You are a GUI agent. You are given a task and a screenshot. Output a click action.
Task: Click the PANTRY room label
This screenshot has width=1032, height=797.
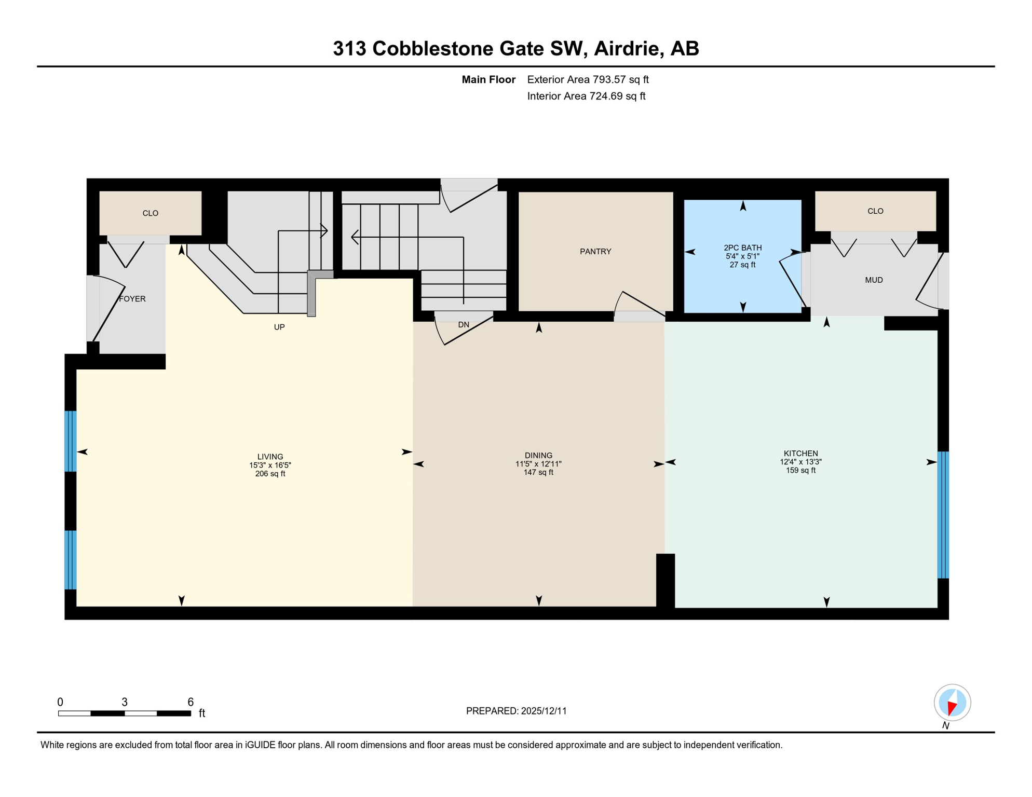click(595, 252)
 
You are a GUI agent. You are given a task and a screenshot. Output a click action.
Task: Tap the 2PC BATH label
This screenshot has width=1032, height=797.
click(742, 248)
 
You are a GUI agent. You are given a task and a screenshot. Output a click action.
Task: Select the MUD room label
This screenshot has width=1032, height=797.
click(874, 280)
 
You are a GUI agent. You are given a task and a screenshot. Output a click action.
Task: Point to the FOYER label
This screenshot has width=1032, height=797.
click(132, 299)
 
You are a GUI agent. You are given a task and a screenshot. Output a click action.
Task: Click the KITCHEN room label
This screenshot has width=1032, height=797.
click(800, 454)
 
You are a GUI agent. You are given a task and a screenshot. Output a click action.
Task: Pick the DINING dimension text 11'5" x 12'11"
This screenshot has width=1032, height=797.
click(538, 464)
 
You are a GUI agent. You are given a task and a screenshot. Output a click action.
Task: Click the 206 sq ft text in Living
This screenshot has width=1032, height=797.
click(270, 474)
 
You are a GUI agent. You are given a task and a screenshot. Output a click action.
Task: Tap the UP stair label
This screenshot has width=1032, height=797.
click(279, 327)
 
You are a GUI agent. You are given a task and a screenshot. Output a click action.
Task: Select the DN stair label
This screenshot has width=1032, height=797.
click(464, 325)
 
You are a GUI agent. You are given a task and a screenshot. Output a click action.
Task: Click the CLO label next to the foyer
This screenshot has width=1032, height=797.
click(151, 213)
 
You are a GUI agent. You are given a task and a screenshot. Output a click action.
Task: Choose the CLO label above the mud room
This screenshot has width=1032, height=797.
click(875, 211)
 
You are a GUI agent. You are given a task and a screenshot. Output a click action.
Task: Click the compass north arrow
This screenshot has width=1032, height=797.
click(952, 706)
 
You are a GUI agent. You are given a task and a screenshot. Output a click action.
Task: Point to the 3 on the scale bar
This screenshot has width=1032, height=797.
click(125, 702)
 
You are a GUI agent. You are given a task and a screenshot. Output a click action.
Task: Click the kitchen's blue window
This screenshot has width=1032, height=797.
click(943, 515)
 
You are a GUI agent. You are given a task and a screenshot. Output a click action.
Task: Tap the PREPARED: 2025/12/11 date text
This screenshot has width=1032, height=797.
click(516, 711)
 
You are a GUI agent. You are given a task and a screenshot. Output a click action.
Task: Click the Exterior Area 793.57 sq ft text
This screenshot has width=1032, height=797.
click(588, 79)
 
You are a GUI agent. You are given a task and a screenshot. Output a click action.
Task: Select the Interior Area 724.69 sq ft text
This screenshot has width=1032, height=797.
click(586, 96)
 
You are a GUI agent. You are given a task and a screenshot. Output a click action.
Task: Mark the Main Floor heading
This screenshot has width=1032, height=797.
click(488, 79)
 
